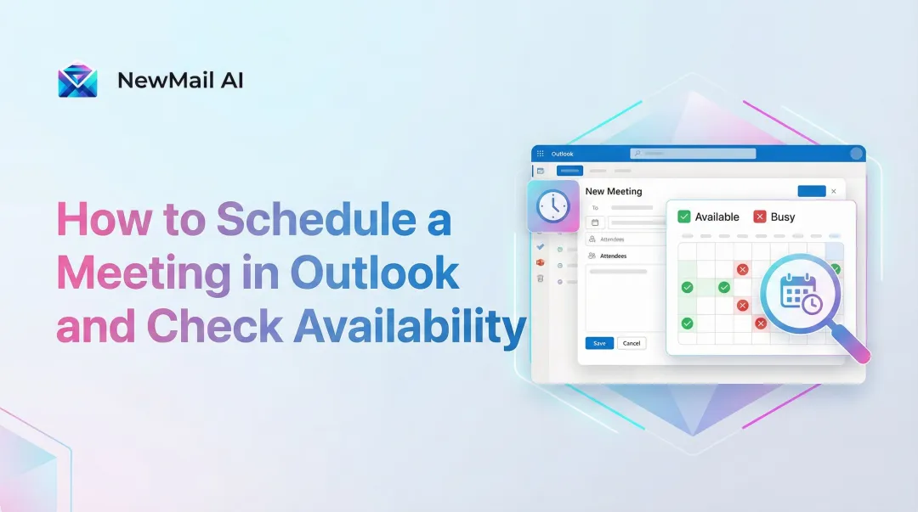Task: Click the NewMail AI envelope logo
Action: click(77, 81)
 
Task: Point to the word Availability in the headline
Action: click(410, 328)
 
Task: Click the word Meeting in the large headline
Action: click(144, 274)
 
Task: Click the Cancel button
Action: click(632, 343)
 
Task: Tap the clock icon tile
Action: click(553, 206)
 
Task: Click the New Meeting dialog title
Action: click(614, 192)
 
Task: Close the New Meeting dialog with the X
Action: click(833, 191)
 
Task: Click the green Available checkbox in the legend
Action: click(684, 217)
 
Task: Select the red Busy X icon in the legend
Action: click(760, 217)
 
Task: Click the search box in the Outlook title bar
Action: click(693, 154)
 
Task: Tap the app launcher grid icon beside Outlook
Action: click(540, 154)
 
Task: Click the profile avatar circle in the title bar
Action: click(856, 154)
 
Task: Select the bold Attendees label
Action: click(613, 255)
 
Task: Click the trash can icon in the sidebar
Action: click(540, 278)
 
